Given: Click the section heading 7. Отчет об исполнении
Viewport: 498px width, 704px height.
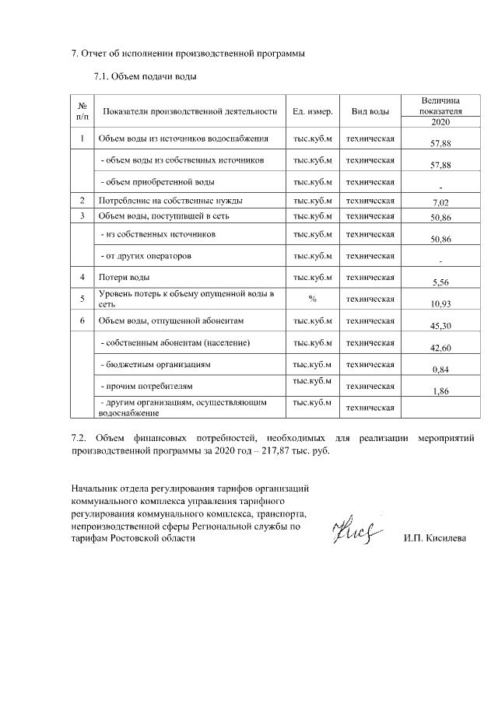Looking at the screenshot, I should click(x=188, y=54).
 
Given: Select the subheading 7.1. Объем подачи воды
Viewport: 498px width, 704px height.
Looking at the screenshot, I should click(x=144, y=77).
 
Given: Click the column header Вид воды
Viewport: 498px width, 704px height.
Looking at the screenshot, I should click(x=370, y=111).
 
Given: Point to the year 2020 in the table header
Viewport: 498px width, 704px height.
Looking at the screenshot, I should click(x=440, y=122).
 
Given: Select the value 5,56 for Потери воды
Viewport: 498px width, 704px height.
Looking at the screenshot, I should click(x=440, y=284).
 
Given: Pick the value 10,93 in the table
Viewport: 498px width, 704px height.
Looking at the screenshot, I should click(x=440, y=303).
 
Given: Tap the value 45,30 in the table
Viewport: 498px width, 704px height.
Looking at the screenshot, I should click(x=440, y=327).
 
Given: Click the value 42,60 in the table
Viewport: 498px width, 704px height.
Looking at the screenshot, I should click(x=440, y=348).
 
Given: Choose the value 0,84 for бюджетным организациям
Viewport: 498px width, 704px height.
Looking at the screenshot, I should click(x=440, y=370).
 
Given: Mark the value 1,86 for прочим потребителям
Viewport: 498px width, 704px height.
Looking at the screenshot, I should click(x=440, y=392).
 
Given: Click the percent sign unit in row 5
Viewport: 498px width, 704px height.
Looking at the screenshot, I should click(x=312, y=298).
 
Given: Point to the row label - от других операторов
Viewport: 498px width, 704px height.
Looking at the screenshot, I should click(x=146, y=255).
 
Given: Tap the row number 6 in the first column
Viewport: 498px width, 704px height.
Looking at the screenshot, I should click(x=82, y=320).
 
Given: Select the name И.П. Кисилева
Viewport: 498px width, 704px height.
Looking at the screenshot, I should click(x=434, y=538).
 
